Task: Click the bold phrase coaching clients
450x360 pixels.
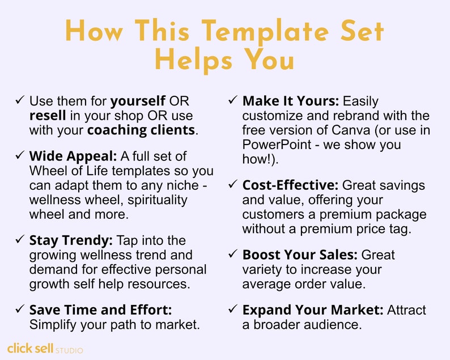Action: [x=141, y=130]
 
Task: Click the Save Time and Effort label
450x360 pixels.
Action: [x=100, y=310]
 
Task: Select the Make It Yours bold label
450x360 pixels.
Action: [x=291, y=101]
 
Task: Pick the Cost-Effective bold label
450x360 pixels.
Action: [x=291, y=186]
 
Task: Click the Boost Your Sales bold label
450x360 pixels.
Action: [x=300, y=255]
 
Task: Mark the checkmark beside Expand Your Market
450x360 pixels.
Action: [x=232, y=310]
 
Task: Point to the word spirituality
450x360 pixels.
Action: [x=155, y=185]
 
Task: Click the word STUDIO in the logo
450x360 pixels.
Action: [x=69, y=350]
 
